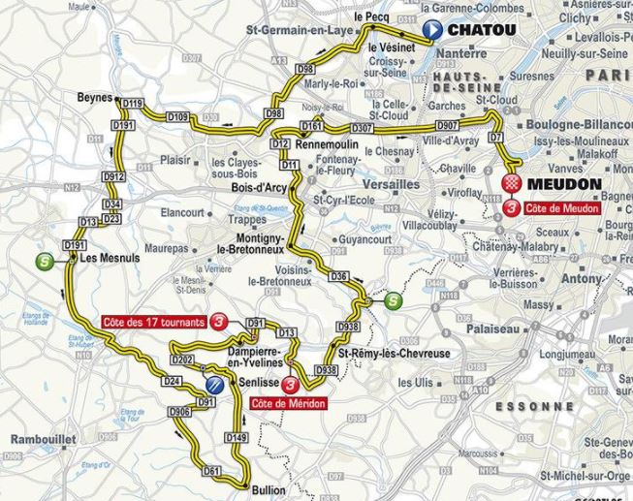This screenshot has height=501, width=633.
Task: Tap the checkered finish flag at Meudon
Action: (x=512, y=183)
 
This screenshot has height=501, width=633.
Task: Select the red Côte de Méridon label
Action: (x=288, y=402)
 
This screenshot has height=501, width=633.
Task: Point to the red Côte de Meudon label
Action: (x=561, y=207)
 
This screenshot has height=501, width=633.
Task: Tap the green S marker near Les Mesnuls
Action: (x=42, y=261)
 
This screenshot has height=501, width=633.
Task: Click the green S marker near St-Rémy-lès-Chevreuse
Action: (x=391, y=301)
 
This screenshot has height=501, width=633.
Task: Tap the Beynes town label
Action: (x=94, y=98)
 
